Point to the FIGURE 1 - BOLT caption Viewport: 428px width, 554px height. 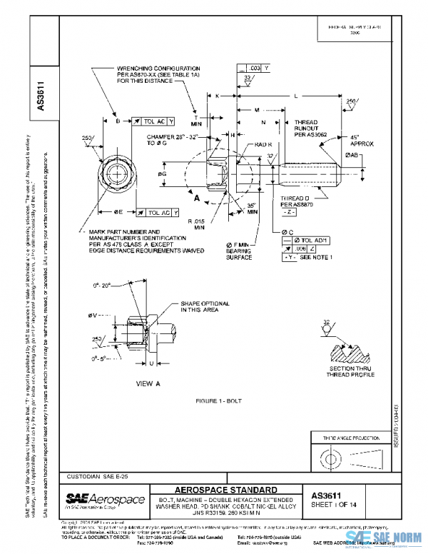coord(220,401)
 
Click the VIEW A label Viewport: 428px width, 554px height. coord(148,383)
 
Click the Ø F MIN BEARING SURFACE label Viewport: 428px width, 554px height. coord(245,252)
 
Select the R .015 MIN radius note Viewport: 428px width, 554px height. coord(195,226)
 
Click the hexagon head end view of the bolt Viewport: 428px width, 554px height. coord(116,173)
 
